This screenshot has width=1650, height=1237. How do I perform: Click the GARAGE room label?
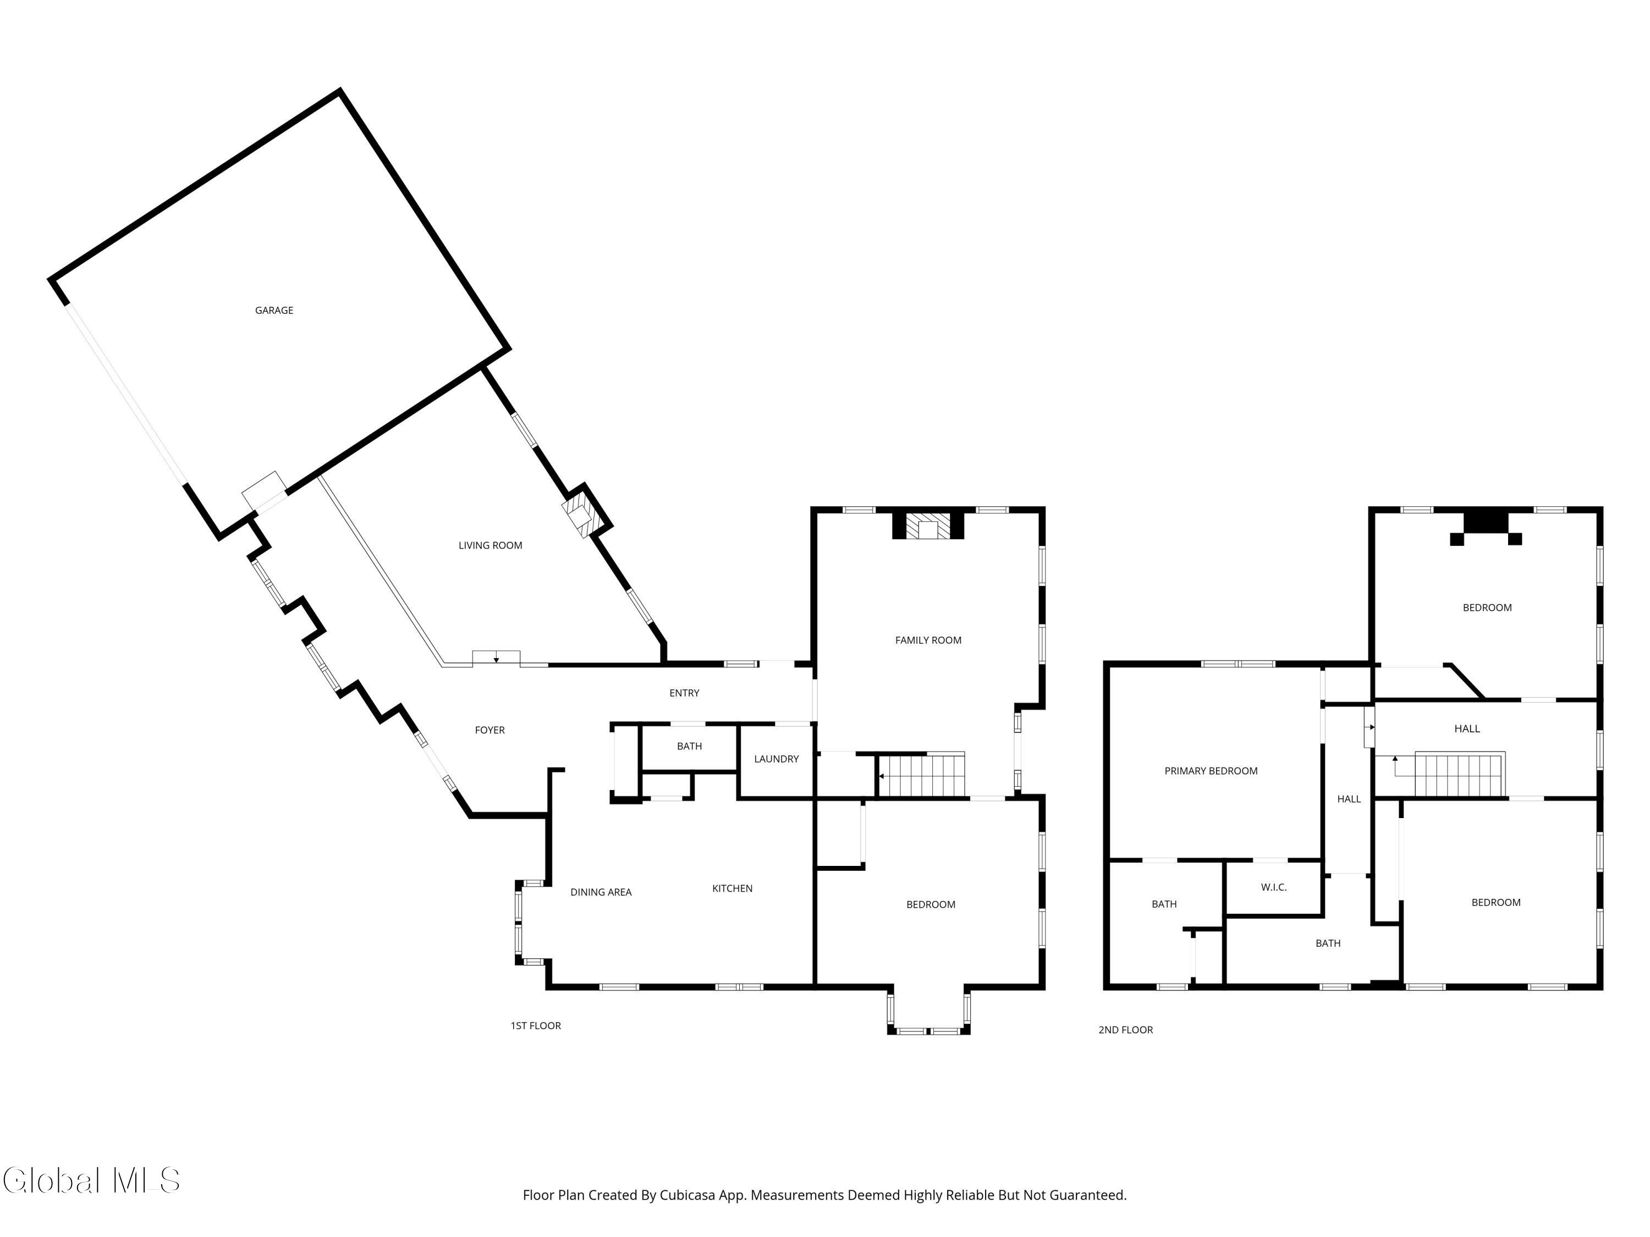274,310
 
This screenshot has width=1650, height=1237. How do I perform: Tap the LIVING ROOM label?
490,545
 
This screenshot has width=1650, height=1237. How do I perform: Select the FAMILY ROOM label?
928,640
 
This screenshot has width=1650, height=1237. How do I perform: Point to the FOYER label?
490,730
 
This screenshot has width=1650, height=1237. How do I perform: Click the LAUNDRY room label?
776,759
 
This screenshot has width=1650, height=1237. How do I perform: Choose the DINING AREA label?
601,892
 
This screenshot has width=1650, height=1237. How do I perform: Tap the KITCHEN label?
732,888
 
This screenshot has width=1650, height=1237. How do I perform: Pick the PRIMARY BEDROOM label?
1211,771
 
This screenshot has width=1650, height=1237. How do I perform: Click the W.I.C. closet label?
1273,887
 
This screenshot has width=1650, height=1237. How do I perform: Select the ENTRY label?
684,693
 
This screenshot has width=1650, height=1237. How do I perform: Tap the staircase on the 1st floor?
921,775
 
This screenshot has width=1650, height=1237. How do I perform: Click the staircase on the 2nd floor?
1460,775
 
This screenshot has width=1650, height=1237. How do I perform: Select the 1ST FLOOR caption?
536,1026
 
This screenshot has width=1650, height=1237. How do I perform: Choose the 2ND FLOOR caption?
1126,1030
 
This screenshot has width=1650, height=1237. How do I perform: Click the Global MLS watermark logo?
91,1180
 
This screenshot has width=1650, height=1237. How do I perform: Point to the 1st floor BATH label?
689,747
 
